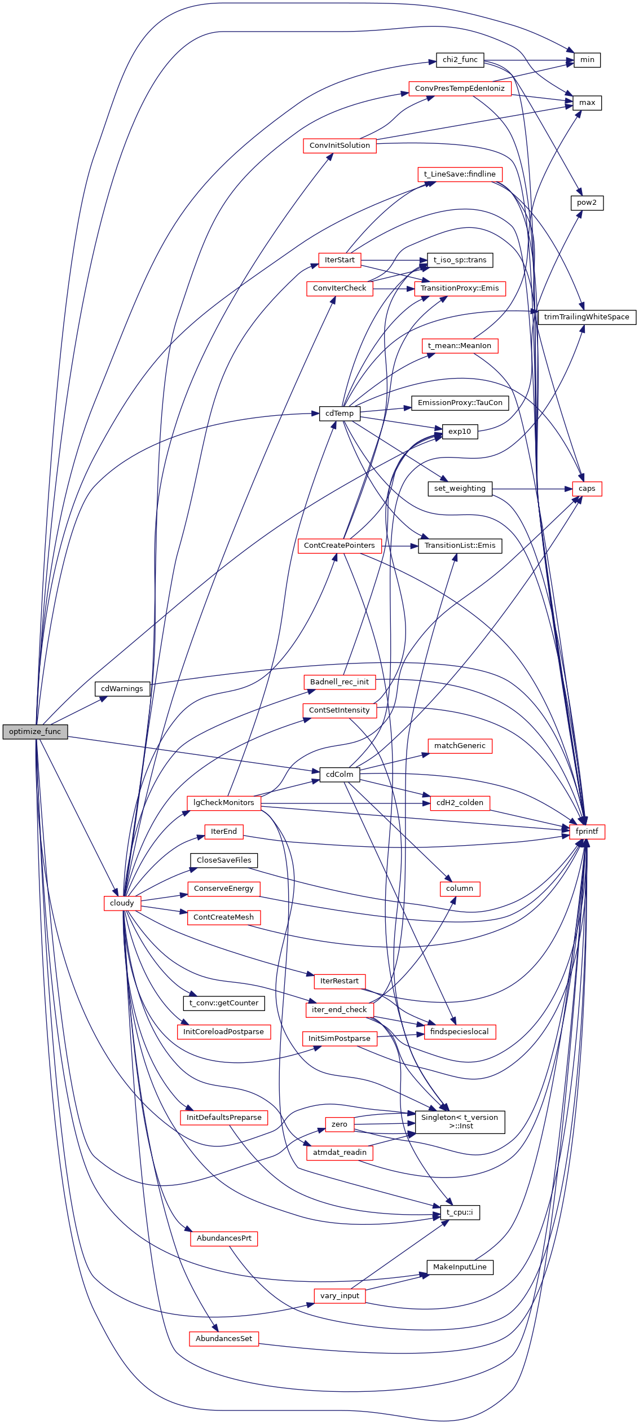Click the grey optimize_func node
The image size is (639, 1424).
point(35,732)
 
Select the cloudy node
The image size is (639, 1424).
point(122,903)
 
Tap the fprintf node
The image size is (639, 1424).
point(587,832)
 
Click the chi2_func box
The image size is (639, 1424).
point(460,60)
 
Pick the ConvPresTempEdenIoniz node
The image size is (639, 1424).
point(460,89)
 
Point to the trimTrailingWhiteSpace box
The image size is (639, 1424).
point(587,317)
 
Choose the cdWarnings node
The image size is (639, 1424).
point(122,689)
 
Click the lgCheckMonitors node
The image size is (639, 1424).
point(223,803)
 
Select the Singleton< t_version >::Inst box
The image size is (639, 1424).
point(460,1122)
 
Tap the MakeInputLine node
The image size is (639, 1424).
point(460,1267)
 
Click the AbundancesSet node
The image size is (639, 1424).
point(223,1339)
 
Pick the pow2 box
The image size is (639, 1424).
point(587,203)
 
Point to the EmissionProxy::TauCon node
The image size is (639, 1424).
point(460,403)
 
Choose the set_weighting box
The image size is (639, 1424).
point(460,489)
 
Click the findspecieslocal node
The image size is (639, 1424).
point(460,1032)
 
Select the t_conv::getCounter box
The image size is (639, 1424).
point(223,1003)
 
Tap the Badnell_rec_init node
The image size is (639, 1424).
point(339,682)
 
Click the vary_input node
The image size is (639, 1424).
point(339,1296)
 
